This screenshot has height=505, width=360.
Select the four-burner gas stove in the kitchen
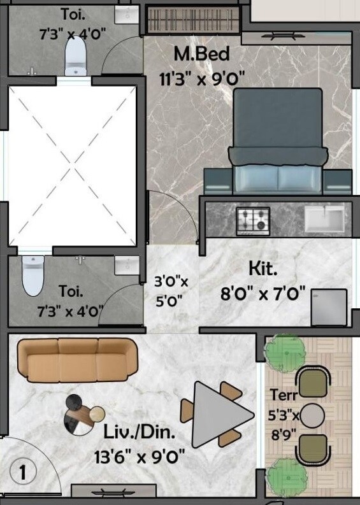click(253, 220)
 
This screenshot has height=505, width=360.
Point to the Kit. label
click(263, 269)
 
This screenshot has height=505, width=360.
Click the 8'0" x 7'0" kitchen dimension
click(263, 295)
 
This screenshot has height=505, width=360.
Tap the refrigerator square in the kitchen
click(329, 307)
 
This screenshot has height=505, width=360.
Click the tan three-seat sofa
click(77, 360)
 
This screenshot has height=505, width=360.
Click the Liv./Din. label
click(139, 433)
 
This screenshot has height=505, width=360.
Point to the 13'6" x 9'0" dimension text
click(139, 456)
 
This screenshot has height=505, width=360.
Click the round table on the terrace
click(312, 416)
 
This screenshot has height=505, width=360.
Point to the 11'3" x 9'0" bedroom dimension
click(202, 79)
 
